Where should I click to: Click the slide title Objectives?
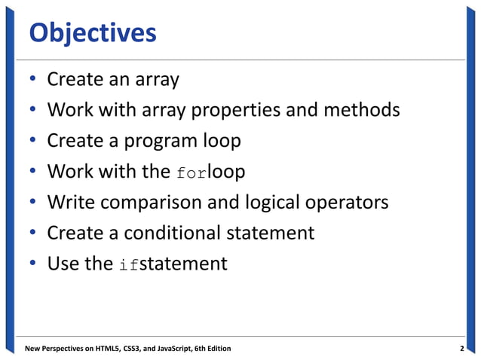click(92, 33)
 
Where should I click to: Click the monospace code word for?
click(191, 172)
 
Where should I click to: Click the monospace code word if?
click(127, 265)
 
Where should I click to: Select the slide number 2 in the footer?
click(461, 349)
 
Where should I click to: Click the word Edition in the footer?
click(215, 349)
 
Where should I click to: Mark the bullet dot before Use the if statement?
click(33, 265)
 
